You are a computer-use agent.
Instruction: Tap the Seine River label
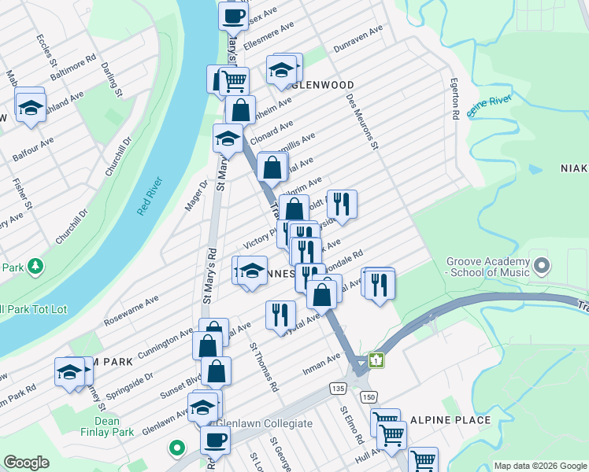pyautogui.click(x=489, y=105)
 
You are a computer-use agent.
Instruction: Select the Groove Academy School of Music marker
pyautogui.click(x=540, y=265)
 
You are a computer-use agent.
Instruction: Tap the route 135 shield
pyautogui.click(x=339, y=389)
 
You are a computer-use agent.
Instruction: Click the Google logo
pyautogui.click(x=26, y=463)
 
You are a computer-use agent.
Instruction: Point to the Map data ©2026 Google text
pyautogui.click(x=539, y=466)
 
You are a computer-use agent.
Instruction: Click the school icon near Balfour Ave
pyautogui.click(x=30, y=109)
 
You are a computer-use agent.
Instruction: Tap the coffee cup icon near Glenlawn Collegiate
pyautogui.click(x=213, y=440)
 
